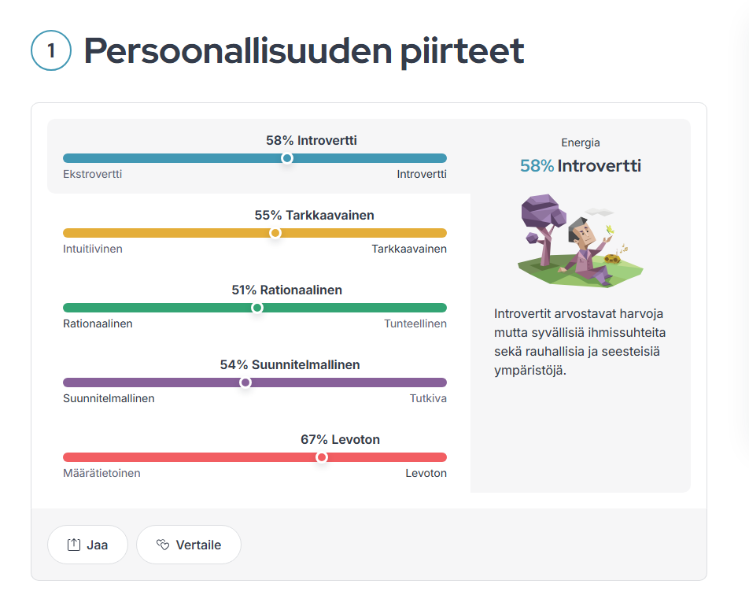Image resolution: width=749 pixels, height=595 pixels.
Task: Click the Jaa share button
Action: [x=87, y=545]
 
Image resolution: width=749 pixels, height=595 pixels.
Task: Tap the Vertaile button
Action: [x=189, y=545]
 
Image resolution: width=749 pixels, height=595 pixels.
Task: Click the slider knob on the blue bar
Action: [x=286, y=158]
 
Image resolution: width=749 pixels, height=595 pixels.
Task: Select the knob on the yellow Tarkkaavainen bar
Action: [x=275, y=233]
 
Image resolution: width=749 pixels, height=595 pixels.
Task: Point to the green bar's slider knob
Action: [x=257, y=308]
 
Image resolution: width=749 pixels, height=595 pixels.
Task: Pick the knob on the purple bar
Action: [x=245, y=382]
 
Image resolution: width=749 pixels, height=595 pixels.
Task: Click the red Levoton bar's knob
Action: [x=322, y=457]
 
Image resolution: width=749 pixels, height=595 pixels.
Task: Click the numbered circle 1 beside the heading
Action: [x=51, y=50]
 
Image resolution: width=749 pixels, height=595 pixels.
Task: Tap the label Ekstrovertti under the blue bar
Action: [x=93, y=174]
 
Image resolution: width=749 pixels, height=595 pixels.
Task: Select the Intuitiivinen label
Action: [x=93, y=249]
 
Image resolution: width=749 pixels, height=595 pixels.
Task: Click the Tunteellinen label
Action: [x=415, y=323]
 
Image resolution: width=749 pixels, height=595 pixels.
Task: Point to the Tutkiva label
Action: [x=428, y=398]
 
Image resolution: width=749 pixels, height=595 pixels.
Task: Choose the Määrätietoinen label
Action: [x=101, y=473]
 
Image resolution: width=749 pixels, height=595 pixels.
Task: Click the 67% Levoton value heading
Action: [x=340, y=440]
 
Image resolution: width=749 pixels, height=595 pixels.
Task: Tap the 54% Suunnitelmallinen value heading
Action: [x=290, y=364]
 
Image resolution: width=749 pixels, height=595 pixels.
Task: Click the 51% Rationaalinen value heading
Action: [x=286, y=290]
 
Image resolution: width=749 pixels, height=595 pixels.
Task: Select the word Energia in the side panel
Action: [x=581, y=142]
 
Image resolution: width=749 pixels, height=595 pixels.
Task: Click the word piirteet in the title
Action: [x=462, y=50]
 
